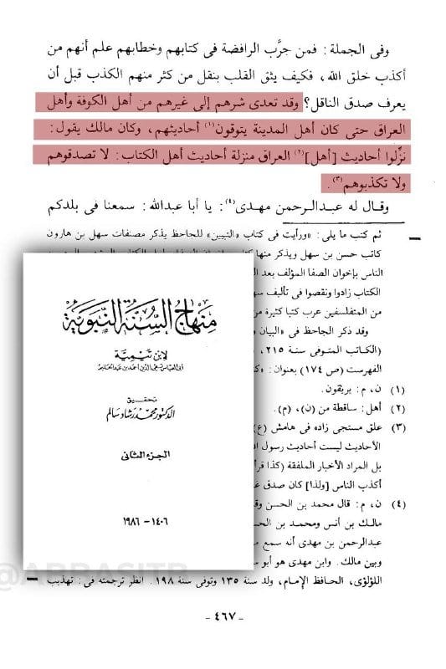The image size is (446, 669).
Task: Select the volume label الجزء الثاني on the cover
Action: [137, 455]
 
